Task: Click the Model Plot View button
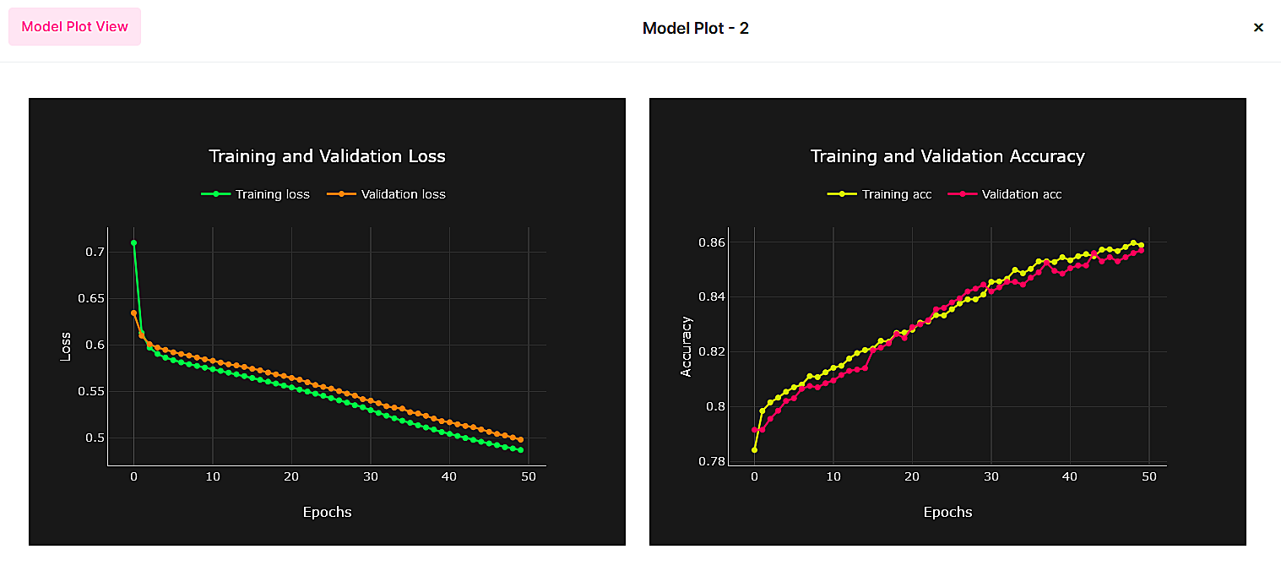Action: (x=74, y=26)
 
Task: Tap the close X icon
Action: (x=1258, y=28)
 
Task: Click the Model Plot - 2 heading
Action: (x=695, y=28)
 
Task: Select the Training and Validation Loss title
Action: (x=327, y=156)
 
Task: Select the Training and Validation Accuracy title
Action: (x=947, y=156)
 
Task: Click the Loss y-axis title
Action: (x=65, y=345)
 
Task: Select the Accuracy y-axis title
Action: (x=686, y=346)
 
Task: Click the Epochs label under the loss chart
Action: (x=327, y=512)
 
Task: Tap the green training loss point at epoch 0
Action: (x=133, y=243)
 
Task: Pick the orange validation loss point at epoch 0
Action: (x=133, y=313)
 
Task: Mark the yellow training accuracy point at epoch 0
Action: (x=754, y=450)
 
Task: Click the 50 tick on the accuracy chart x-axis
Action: (x=1148, y=477)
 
